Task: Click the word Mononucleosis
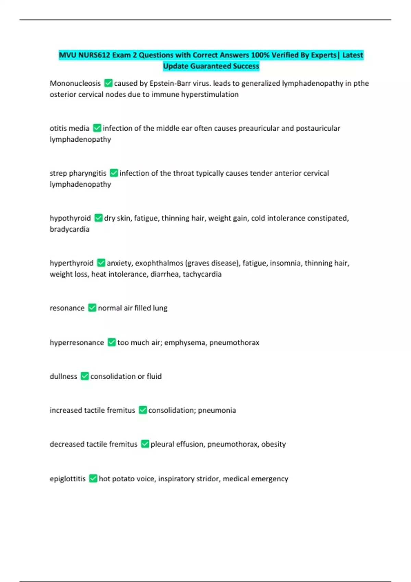[x=75, y=84]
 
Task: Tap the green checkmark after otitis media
[x=97, y=128]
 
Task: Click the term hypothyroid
[x=70, y=218]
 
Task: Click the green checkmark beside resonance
[x=92, y=308]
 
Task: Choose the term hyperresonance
[x=77, y=342]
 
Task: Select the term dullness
[x=63, y=376]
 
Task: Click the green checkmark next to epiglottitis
[x=93, y=478]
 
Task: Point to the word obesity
[x=273, y=444]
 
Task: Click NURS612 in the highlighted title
[x=94, y=55]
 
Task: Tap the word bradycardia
[x=70, y=229]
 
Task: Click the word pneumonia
[x=217, y=410]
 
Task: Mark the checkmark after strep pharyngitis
[x=114, y=173]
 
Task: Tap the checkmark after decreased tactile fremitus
[x=145, y=444]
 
